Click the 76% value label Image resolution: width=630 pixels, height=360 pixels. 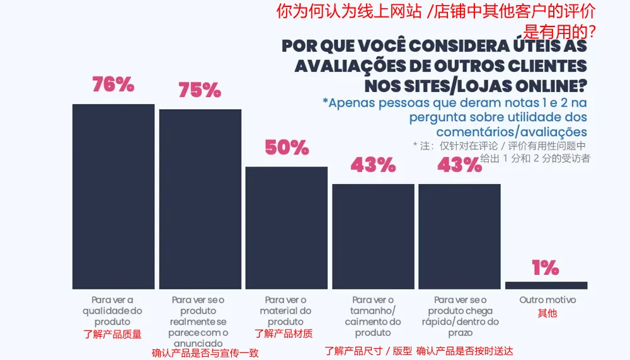click(x=113, y=84)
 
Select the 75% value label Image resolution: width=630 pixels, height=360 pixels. click(x=200, y=90)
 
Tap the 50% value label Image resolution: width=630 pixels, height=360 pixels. click(x=287, y=148)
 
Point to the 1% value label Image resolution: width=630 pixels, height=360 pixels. click(x=546, y=268)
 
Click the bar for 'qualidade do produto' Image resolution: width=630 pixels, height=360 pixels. click(x=113, y=196)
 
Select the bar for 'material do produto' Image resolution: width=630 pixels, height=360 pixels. click(x=287, y=228)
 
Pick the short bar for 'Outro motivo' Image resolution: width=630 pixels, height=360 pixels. click(x=546, y=285)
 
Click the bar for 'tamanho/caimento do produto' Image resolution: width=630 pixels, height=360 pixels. click(x=373, y=236)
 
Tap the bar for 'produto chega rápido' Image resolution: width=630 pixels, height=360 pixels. click(x=459, y=236)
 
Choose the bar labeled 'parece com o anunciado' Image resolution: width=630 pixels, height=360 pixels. click(x=200, y=199)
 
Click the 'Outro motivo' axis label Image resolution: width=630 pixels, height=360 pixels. click(x=547, y=300)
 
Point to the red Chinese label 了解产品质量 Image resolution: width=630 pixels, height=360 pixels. click(x=113, y=334)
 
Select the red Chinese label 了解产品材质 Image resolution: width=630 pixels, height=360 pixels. click(x=283, y=334)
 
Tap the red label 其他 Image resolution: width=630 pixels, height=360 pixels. click(x=547, y=313)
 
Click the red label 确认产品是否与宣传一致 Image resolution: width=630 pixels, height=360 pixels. click(x=205, y=353)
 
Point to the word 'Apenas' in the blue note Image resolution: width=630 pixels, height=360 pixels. click(x=354, y=103)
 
